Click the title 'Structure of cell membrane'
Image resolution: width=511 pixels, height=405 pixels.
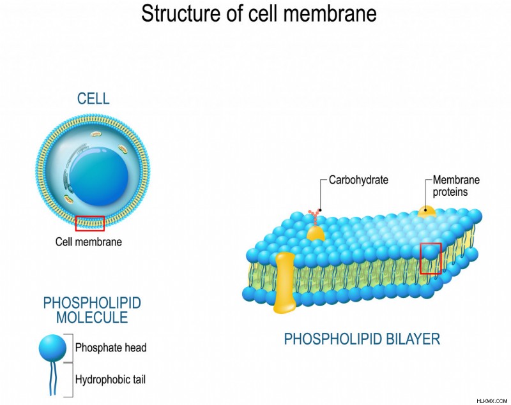(x=259, y=13)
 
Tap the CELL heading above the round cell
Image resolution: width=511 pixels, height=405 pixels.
(x=93, y=99)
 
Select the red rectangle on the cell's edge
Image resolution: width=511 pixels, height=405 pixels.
(x=90, y=223)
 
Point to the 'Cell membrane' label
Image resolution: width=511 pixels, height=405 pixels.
(x=89, y=242)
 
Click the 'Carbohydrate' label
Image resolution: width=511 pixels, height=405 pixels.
(x=358, y=180)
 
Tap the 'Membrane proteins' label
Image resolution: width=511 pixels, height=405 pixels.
(x=456, y=186)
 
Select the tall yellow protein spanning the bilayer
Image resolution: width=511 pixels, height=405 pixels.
(x=284, y=282)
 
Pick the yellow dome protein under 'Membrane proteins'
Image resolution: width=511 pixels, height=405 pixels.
(x=427, y=212)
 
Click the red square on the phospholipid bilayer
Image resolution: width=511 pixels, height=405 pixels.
(x=431, y=258)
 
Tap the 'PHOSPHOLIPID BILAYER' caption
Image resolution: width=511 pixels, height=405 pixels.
(x=362, y=339)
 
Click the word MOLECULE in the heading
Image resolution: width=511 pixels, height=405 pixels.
(x=92, y=318)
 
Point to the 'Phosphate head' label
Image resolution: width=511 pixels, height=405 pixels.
(x=111, y=348)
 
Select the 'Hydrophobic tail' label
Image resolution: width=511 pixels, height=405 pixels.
(x=111, y=379)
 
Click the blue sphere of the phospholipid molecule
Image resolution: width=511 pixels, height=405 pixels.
(x=52, y=348)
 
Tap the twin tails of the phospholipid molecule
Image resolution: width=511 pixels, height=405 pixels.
(x=52, y=378)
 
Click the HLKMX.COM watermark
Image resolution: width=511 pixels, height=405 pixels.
(x=492, y=401)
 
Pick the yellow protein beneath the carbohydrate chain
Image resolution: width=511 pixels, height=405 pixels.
(x=316, y=233)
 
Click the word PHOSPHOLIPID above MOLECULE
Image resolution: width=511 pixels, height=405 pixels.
(x=92, y=303)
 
